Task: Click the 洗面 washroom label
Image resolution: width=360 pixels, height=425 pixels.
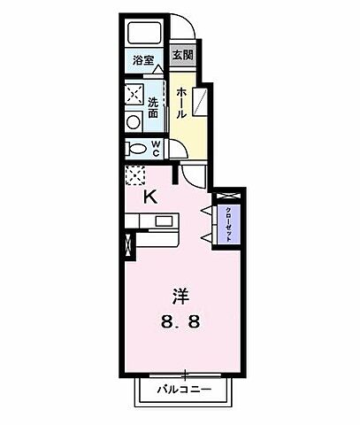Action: (153, 107)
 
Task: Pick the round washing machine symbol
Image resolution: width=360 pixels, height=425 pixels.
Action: (134, 122)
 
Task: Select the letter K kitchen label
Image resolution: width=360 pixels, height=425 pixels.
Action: (151, 197)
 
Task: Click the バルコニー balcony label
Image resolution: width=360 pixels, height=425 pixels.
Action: (186, 387)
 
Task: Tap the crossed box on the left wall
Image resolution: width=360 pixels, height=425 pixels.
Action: (130, 245)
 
